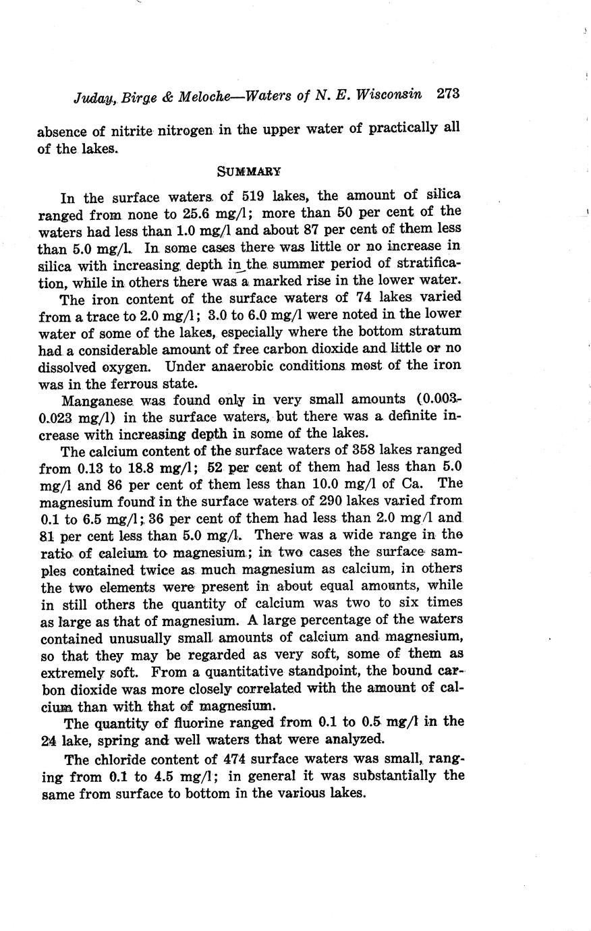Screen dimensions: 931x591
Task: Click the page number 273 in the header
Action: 447,94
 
